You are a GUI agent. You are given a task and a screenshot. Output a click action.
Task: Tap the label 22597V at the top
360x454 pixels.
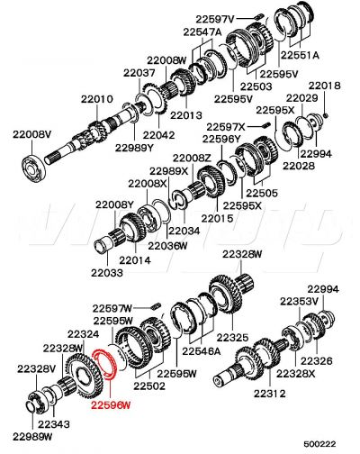[214, 18]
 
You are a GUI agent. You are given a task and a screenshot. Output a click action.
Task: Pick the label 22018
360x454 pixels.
[325, 86]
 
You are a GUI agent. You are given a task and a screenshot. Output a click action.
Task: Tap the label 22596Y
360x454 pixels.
[220, 140]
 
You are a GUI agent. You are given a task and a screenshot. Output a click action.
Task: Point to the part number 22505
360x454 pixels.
[262, 192]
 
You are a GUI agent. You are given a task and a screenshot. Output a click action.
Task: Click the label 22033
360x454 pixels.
[107, 272]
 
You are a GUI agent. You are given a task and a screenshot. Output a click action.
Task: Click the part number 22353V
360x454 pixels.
[297, 301]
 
